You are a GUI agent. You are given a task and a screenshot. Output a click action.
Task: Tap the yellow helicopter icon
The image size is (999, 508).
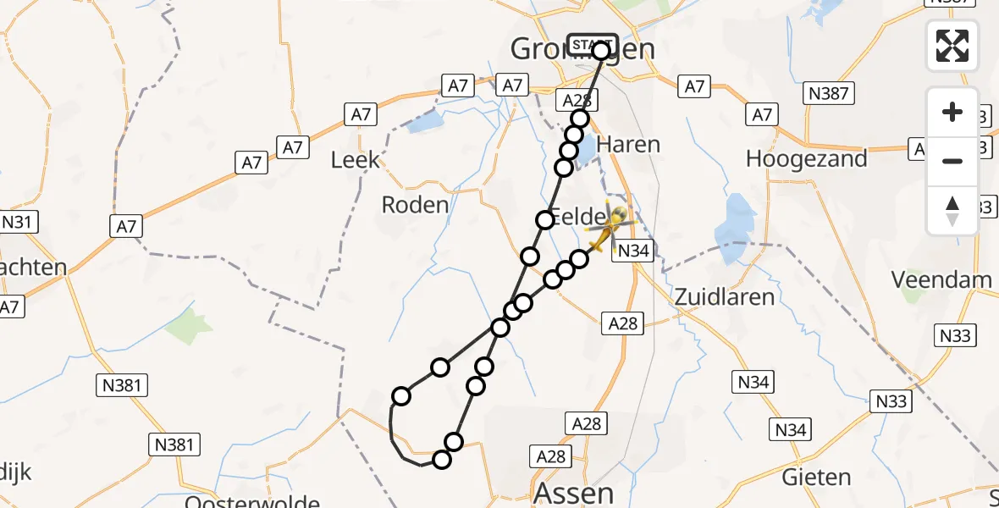(606, 230)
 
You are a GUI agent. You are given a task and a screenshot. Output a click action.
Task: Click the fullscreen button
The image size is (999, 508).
(952, 46)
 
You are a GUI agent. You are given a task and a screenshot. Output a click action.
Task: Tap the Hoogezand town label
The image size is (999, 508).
(807, 158)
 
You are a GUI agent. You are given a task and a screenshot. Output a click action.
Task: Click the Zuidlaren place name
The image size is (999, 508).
(713, 296)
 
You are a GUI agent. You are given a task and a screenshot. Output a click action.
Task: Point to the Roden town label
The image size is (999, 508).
(415, 204)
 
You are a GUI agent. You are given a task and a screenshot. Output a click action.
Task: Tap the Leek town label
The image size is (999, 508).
(355, 161)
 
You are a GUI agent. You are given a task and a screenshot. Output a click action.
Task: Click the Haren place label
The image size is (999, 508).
(628, 144)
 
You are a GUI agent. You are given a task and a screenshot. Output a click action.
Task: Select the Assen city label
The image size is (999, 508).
(573, 493)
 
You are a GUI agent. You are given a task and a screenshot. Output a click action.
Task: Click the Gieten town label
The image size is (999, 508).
(803, 477)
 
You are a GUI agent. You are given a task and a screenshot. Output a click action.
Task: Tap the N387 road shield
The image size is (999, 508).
(828, 94)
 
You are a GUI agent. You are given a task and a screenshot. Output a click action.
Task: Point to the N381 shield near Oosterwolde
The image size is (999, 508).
(175, 444)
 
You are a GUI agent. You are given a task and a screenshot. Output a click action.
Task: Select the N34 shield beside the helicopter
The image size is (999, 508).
(633, 251)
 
